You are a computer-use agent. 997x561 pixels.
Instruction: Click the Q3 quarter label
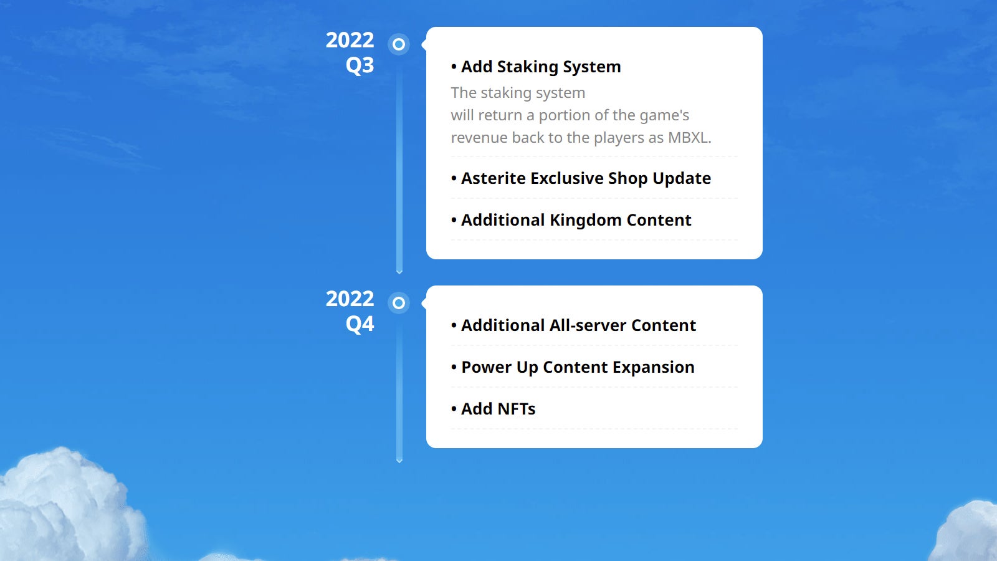point(360,65)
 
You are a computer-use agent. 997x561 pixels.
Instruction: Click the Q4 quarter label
point(360,324)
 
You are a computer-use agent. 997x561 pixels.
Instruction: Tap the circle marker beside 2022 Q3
point(399,44)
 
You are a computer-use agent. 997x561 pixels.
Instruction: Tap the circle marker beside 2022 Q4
point(399,303)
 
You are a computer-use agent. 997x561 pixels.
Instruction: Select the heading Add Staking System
point(541,67)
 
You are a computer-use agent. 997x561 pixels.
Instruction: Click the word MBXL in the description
point(689,138)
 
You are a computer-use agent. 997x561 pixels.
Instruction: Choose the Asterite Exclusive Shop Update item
point(586,178)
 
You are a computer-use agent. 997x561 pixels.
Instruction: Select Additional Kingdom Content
point(576,221)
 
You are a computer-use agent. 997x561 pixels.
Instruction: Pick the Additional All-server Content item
point(578,325)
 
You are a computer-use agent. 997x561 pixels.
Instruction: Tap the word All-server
point(588,325)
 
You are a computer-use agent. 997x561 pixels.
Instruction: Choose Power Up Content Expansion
point(578,367)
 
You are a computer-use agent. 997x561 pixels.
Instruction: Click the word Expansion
point(653,368)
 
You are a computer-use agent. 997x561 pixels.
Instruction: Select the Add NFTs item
point(498,409)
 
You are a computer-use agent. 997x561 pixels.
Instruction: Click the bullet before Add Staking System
point(454,67)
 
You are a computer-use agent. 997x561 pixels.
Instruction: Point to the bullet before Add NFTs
point(454,409)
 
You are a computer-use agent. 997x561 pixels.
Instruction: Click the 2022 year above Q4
point(350,299)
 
